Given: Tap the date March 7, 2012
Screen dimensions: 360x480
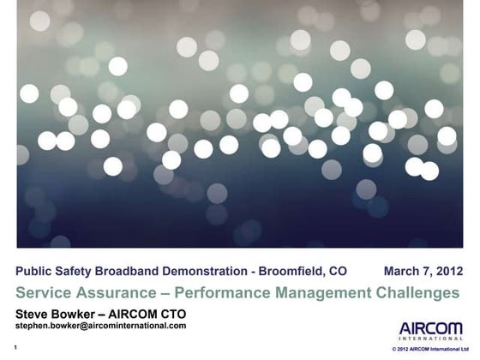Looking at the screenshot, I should [423, 271].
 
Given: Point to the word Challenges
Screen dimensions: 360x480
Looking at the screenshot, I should [417, 292].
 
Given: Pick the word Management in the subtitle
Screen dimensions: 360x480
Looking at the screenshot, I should [315, 292].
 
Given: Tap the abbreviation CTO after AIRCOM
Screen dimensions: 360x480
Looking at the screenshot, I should [171, 313].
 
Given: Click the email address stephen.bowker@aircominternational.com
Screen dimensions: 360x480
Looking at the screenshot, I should [101, 326].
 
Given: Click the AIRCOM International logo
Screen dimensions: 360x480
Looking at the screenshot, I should [431, 332].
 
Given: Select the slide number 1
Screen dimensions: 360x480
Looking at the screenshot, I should [16, 348].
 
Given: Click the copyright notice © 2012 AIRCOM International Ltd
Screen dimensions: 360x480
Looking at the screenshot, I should [426, 351].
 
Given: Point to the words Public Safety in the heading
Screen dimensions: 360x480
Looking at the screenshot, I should [53, 271].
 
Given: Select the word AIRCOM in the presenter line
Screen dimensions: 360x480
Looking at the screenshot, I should [133, 313].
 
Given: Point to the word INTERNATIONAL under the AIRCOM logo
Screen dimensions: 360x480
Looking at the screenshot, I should [431, 339].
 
